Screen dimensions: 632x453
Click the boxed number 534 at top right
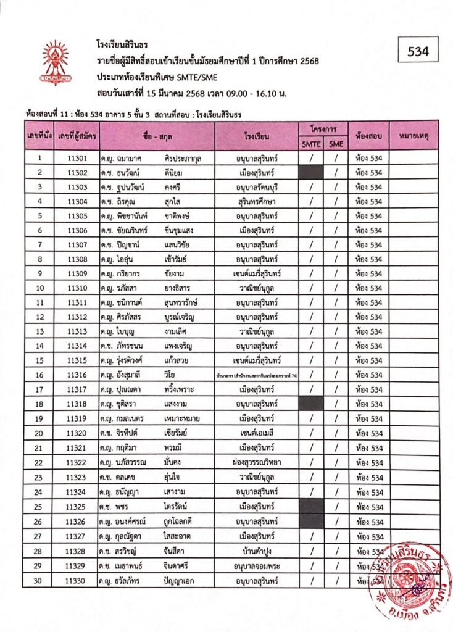point(417,52)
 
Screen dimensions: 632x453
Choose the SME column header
point(336,144)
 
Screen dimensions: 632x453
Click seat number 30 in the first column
point(39,580)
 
